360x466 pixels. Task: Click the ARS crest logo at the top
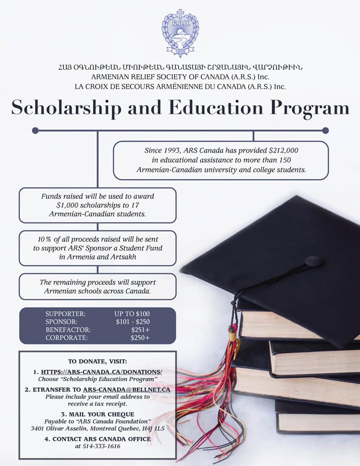click(180, 33)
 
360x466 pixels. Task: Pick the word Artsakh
click(123, 257)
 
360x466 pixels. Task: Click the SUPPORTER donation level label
click(65, 314)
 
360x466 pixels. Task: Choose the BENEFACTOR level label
click(68, 330)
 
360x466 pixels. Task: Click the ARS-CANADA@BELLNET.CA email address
click(126, 389)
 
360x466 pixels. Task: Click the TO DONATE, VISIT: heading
click(98, 361)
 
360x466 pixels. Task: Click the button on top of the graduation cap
click(313, 261)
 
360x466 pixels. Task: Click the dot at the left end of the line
click(35, 130)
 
